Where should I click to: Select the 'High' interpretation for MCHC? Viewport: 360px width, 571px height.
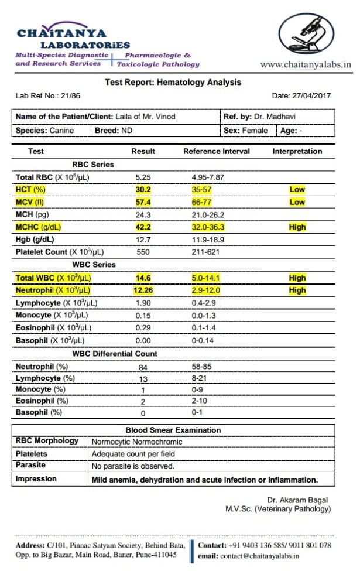(297, 227)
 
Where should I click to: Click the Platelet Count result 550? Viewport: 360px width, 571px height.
(143, 252)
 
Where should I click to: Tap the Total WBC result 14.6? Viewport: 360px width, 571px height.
(143, 278)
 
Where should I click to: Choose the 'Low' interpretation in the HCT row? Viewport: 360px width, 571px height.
(297, 190)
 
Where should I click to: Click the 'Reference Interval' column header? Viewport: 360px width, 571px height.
(216, 151)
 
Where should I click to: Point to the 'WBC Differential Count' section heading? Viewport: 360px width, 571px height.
(114, 354)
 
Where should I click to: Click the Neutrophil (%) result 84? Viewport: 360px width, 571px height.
(143, 367)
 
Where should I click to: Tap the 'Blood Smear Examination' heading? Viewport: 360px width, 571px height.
(173, 430)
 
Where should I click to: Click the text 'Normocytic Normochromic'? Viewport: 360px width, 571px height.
(137, 442)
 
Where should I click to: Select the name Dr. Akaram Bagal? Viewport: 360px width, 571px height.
(297, 500)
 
